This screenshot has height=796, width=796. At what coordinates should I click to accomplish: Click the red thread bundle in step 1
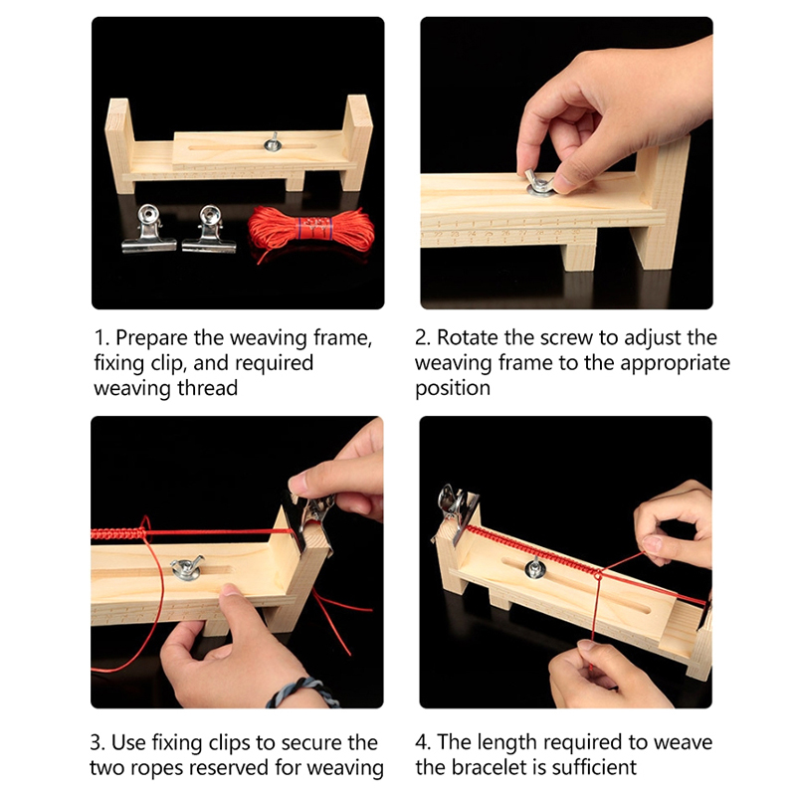310,230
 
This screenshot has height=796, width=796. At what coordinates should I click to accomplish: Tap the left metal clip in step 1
148,229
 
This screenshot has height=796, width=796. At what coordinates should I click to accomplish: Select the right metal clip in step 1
209,230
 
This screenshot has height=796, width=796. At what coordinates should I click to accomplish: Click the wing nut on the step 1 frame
273,142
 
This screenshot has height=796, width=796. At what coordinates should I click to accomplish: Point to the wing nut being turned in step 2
539,183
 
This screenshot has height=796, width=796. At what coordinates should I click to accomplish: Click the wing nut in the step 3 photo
186,568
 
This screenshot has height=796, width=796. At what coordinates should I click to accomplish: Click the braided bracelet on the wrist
302,693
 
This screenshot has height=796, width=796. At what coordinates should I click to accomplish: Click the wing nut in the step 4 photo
534,567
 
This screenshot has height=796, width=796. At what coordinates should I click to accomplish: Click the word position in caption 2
453,389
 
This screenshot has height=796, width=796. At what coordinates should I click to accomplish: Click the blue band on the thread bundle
313,229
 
